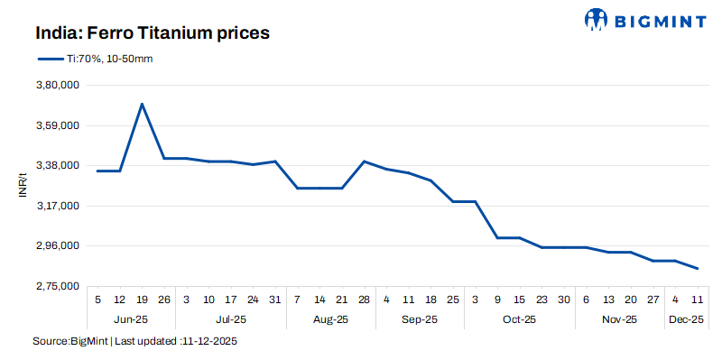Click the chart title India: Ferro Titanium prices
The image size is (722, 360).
tap(153, 33)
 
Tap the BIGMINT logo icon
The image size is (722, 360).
tap(597, 19)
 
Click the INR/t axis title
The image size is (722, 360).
tap(24, 186)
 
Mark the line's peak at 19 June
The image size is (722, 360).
tap(142, 104)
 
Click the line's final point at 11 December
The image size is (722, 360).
tap(698, 268)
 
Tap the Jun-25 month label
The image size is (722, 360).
tap(131, 319)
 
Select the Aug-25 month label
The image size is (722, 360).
tap(330, 319)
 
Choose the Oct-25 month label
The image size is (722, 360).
tap(520, 319)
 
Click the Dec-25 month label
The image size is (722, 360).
tap(687, 319)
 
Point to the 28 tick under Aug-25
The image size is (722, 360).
tap(364, 300)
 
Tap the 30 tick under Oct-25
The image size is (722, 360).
tap(564, 300)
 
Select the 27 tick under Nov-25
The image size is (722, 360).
tap(653, 300)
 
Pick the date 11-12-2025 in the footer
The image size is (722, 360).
tap(209, 342)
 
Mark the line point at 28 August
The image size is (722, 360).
tap(364, 162)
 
